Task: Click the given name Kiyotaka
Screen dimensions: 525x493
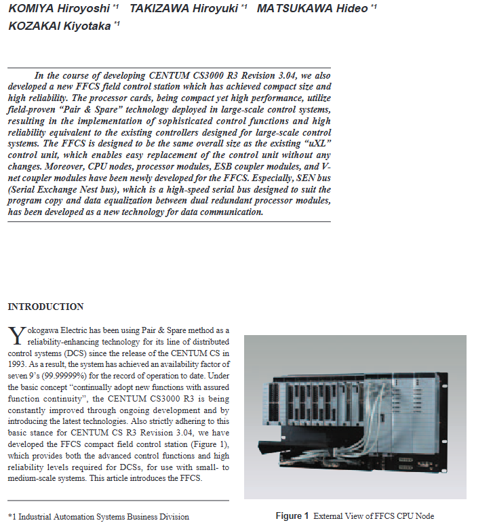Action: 87,26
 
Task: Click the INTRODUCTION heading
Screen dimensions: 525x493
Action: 45,307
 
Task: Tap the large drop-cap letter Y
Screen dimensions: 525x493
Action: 17,336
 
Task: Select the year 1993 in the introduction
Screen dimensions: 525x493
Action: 20,364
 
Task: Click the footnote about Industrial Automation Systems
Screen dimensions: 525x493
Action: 98,517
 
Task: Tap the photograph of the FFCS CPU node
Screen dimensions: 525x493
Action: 355,417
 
